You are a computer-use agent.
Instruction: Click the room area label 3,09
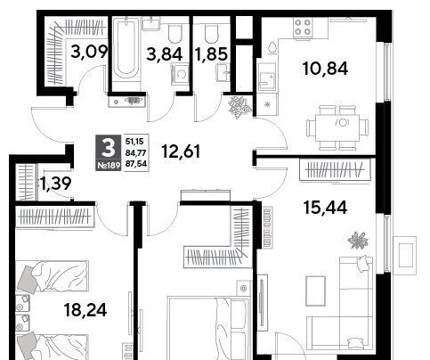tap(89, 52)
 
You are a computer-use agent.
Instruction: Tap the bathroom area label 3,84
tap(165, 54)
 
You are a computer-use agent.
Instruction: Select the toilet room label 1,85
tap(211, 54)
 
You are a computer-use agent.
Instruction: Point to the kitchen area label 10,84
tap(325, 69)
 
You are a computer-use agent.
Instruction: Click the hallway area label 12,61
tap(181, 151)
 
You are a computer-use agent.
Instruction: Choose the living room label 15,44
tap(325, 208)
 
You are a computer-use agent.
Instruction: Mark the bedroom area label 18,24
tap(85, 310)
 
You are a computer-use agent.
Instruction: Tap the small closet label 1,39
tap(55, 184)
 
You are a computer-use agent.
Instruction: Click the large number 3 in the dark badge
tap(108, 149)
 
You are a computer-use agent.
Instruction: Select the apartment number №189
tap(109, 166)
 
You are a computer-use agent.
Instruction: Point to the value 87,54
tap(136, 164)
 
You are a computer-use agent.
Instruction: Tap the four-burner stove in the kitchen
tap(303, 28)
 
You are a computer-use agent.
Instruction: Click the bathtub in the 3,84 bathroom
tap(126, 48)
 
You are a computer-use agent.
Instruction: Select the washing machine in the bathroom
tap(180, 74)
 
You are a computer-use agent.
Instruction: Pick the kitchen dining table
tap(337, 128)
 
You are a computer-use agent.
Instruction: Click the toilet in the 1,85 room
tap(212, 33)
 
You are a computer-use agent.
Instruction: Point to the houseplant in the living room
tap(358, 240)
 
